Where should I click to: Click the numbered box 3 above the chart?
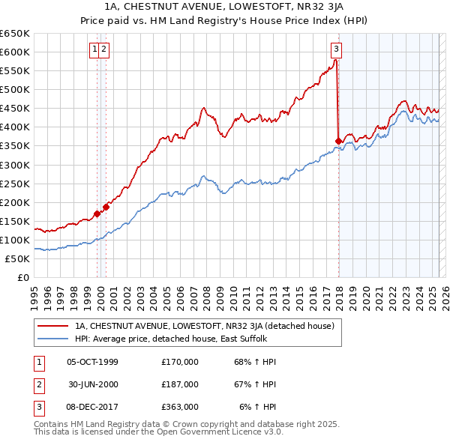[x=336, y=50]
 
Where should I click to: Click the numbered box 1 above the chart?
[x=95, y=50]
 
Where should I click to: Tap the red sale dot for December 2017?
[x=338, y=140]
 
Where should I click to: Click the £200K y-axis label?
[x=15, y=202]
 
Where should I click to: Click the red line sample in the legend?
[x=52, y=326]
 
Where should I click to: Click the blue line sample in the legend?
[x=52, y=339]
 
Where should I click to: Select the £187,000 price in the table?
[x=180, y=384]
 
